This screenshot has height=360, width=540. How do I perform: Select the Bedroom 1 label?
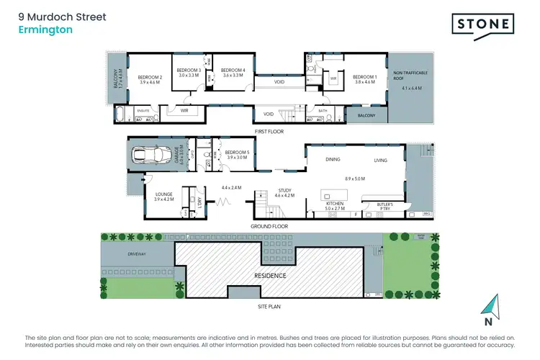click(x=365, y=77)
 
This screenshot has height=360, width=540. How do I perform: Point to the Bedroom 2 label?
click(x=150, y=77)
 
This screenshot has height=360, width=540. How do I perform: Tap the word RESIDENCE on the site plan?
click(x=269, y=275)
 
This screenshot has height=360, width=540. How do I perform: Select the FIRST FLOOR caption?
click(x=270, y=132)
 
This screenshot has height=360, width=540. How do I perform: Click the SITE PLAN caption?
click(x=270, y=307)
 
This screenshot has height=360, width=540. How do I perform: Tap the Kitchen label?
click(x=335, y=204)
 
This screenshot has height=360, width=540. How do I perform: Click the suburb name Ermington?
click(x=40, y=30)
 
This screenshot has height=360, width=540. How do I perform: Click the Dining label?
click(x=333, y=160)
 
